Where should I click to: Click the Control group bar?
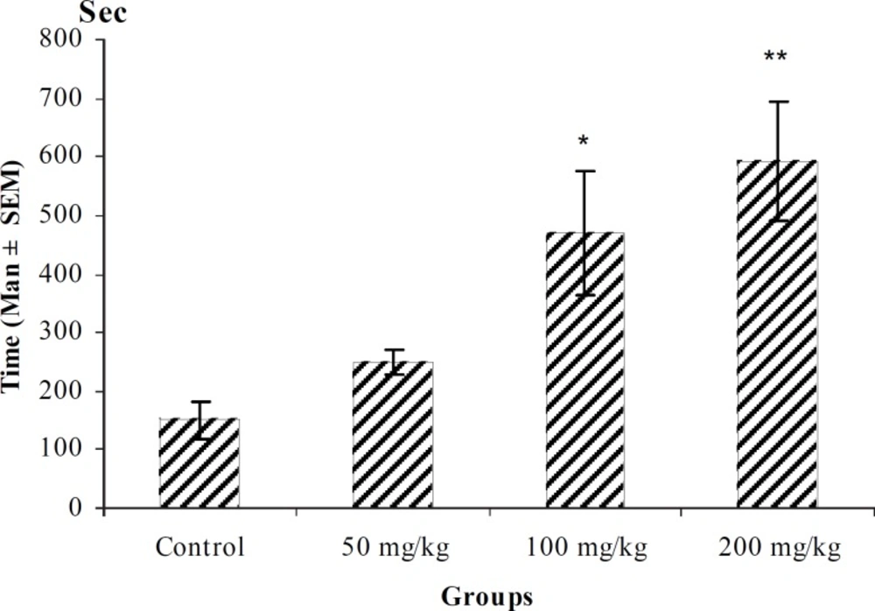[199, 464]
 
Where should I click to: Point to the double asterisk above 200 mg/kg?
[775, 58]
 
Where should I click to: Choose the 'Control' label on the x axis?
[199, 549]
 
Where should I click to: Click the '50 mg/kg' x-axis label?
[392, 549]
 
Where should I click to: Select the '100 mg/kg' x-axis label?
[585, 549]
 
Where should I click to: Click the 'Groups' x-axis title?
[486, 597]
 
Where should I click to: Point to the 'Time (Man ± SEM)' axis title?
[15, 276]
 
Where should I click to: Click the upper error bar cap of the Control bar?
[199, 402]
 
